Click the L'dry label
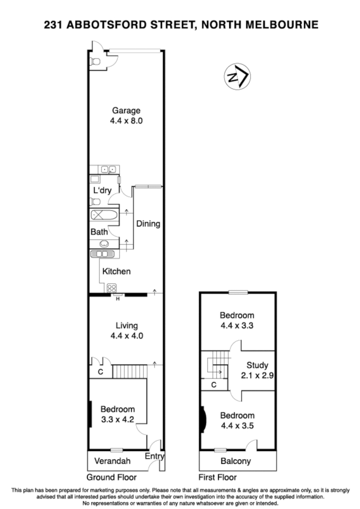[x=102, y=190]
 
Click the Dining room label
[x=148, y=224]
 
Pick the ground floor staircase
[x=129, y=371]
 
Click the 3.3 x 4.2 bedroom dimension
[x=117, y=419]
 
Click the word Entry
[x=154, y=457]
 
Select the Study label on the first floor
[x=257, y=365]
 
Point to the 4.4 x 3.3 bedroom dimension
[x=237, y=326]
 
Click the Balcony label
[x=236, y=461]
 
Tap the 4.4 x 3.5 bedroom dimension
[x=237, y=425]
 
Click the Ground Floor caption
[x=112, y=477]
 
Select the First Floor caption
[x=217, y=477]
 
